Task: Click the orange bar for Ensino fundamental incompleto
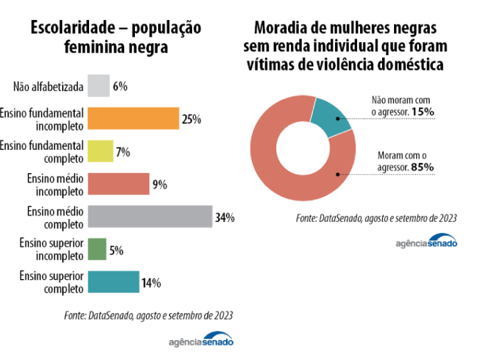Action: (133, 118)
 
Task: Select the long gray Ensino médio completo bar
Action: (150, 216)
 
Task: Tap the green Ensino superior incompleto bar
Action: (97, 249)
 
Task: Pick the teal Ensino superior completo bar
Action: (114, 282)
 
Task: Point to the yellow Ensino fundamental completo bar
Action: (100, 151)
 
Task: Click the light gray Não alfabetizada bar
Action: (99, 86)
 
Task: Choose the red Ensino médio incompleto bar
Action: (119, 184)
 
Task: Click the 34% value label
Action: (225, 218)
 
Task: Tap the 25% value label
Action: (191, 119)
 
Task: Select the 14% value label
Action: (151, 283)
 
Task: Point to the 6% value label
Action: (120, 87)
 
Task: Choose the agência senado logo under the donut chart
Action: (427, 242)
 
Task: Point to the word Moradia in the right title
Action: (279, 28)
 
